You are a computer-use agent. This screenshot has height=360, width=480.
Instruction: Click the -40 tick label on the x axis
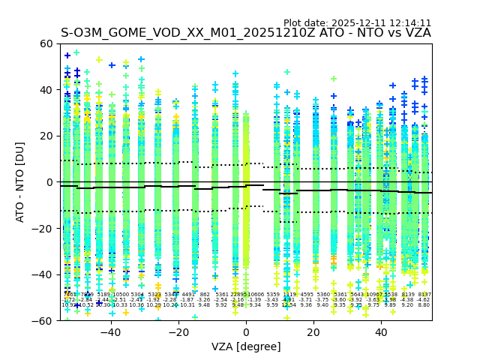tap(109, 332)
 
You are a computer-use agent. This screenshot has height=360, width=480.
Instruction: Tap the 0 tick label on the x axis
tap(246, 332)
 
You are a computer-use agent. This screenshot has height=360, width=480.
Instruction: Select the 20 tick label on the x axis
tap(313, 332)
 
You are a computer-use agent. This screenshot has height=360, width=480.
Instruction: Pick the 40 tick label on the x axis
tap(381, 332)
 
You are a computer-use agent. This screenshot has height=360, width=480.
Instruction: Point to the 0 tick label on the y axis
tap(51, 182)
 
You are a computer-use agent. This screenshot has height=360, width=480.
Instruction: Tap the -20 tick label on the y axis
tap(45, 228)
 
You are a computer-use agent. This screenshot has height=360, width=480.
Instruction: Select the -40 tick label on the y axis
tap(45, 274)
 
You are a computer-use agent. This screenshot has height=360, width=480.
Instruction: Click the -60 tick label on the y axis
tap(45, 320)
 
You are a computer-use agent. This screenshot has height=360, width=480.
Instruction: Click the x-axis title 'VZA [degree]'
tap(246, 346)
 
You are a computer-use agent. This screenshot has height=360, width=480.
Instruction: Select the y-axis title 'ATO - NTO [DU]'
tap(20, 182)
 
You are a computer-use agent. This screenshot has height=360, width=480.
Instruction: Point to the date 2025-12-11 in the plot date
tap(354, 23)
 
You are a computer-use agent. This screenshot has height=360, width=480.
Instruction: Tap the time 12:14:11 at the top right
tap(409, 23)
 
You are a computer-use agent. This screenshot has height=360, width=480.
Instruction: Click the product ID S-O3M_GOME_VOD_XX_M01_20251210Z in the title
tap(189, 33)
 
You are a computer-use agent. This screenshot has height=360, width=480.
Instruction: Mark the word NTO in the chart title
tap(364, 33)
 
